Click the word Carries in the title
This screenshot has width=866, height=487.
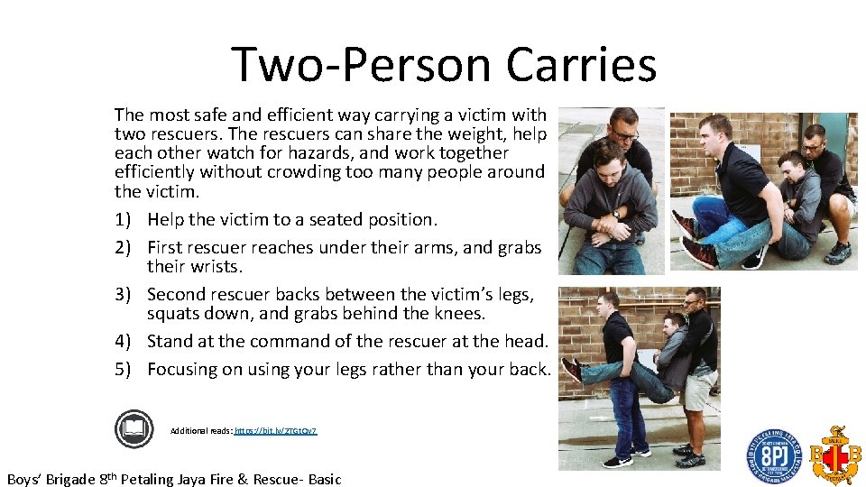pos(581,65)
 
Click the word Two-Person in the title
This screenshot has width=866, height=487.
pos(363,65)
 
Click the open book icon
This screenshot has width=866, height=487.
pos(134,428)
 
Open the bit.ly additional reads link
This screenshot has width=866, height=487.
pos(275,431)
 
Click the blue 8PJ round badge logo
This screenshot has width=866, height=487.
pos(773,456)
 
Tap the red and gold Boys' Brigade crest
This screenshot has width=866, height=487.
pos(834,455)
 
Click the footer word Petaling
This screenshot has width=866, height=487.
pos(152,479)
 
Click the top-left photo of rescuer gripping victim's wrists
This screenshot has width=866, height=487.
pos(612,190)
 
